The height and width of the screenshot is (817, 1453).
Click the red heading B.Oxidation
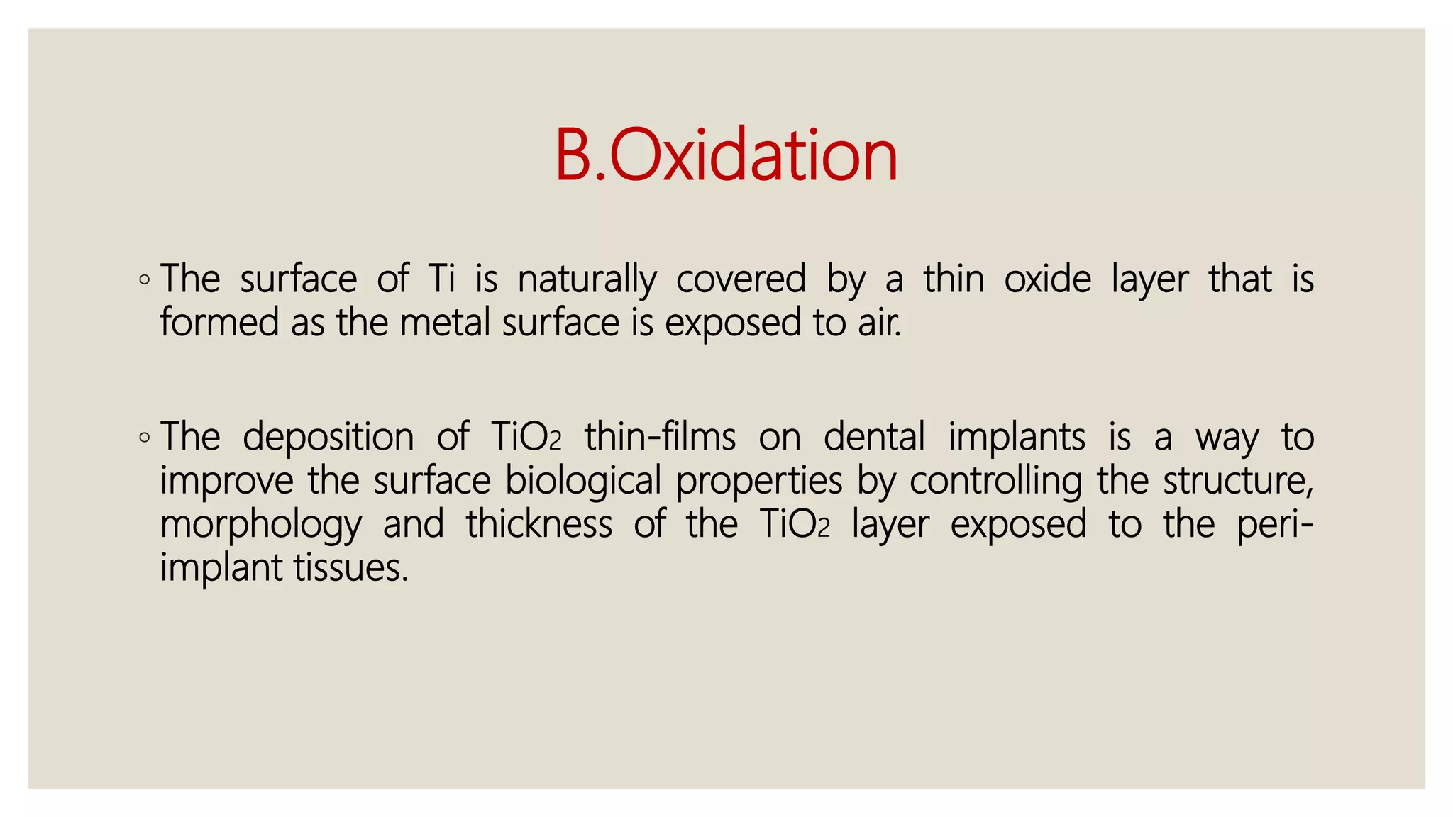(x=726, y=155)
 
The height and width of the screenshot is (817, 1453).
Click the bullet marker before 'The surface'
(x=145, y=280)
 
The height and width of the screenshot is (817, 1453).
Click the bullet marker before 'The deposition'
(x=145, y=438)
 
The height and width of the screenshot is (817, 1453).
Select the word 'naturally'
(x=587, y=279)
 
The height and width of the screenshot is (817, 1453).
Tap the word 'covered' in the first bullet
(x=741, y=279)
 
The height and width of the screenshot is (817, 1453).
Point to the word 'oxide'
(x=1047, y=279)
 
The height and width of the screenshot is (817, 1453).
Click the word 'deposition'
(x=328, y=437)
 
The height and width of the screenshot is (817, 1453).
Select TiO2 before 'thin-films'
(x=526, y=437)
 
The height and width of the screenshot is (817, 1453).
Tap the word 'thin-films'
(x=660, y=437)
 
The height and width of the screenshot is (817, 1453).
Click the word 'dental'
(x=874, y=437)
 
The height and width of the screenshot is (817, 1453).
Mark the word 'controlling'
(x=996, y=481)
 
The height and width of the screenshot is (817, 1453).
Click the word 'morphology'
(x=261, y=525)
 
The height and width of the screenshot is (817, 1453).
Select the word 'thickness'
(x=539, y=525)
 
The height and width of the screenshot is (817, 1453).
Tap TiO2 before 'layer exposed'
(x=794, y=525)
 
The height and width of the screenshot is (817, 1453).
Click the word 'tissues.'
(x=351, y=568)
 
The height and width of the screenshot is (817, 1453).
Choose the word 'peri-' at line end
(x=1275, y=525)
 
